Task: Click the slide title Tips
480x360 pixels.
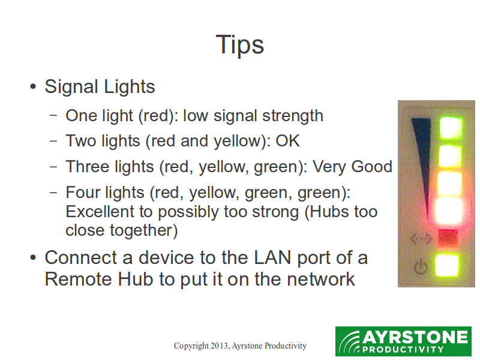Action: [239, 44]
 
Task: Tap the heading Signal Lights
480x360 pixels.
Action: [100, 86]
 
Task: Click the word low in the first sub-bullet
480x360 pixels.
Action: [196, 116]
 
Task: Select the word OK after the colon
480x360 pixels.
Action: [287, 141]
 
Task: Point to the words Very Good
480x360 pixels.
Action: [352, 167]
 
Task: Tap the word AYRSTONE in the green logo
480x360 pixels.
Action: [415, 338]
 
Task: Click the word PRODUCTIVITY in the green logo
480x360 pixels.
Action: [403, 349]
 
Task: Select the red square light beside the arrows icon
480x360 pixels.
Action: [448, 238]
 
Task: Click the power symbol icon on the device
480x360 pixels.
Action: [421, 266]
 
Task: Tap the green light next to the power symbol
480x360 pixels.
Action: [447, 265]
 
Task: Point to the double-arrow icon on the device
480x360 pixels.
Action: [421, 238]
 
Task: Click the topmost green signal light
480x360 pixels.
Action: [451, 127]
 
